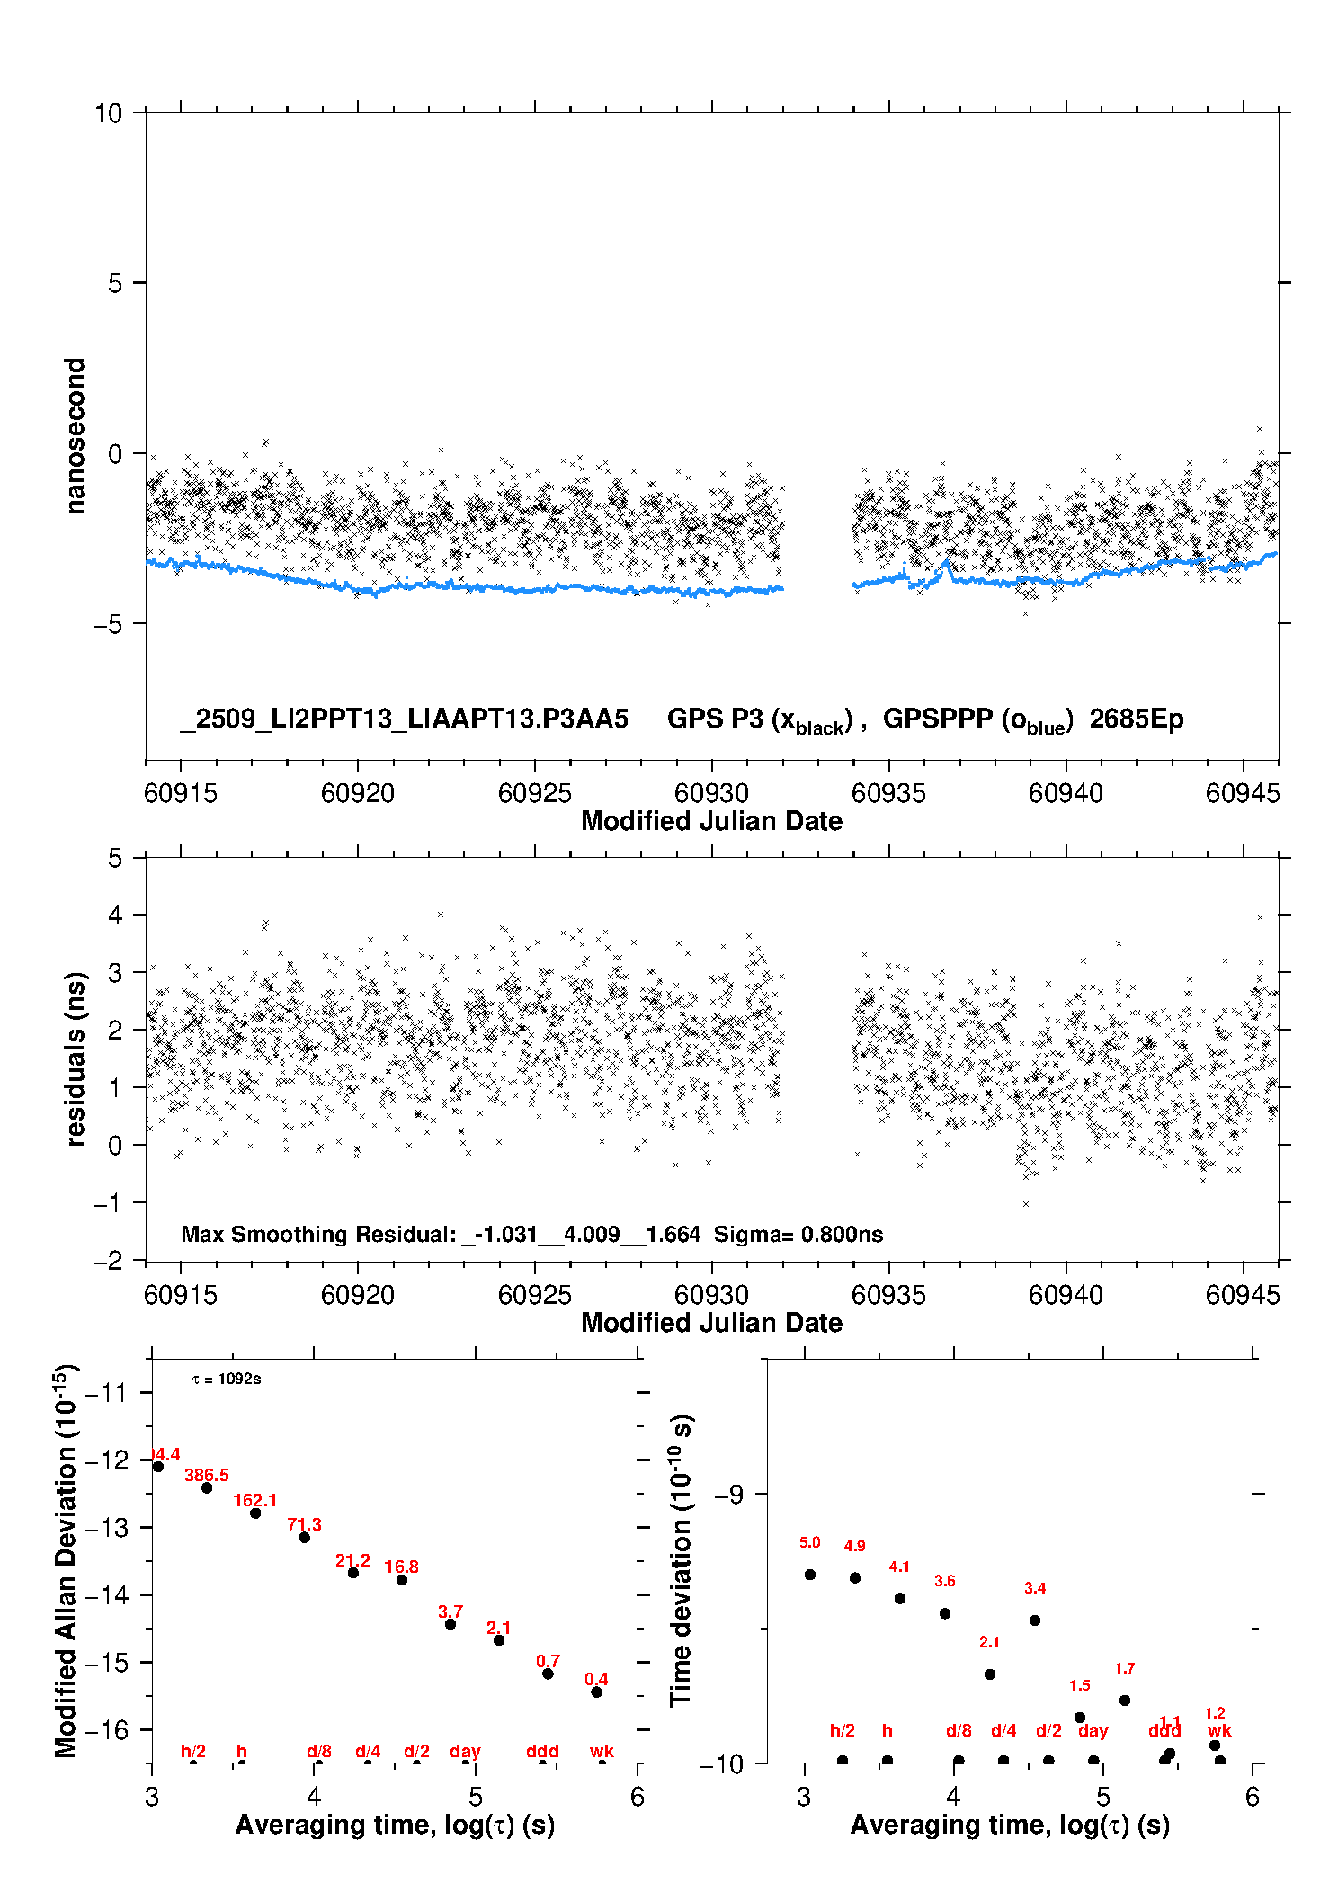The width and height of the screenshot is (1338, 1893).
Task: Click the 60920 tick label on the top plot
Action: tap(357, 793)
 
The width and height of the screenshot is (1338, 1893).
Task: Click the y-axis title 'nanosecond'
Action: tap(76, 435)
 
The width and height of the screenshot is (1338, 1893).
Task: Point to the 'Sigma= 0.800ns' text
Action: tap(798, 1234)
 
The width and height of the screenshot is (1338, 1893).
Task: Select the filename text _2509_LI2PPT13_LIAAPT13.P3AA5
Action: tap(404, 719)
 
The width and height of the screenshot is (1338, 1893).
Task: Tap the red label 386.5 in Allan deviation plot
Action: tap(207, 1475)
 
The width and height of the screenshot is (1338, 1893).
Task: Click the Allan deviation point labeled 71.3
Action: tap(305, 1537)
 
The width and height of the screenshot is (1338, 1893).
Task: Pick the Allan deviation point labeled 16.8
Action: tap(402, 1580)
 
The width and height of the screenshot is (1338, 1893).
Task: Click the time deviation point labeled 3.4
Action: tap(1035, 1621)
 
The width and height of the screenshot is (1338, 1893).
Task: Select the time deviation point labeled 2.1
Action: tap(990, 1674)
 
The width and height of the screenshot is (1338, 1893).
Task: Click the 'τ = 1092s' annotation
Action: tap(227, 1380)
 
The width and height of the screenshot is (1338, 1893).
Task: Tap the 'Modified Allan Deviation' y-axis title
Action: tap(67, 1560)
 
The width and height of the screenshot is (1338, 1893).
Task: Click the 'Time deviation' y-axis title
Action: tap(682, 1560)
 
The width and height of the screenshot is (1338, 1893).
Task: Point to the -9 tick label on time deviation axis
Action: tap(728, 1494)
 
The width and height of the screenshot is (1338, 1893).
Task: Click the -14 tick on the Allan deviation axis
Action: tap(106, 1594)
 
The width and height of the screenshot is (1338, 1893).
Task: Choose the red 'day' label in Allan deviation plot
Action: tap(465, 1751)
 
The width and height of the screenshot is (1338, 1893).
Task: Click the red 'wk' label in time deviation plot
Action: tap(1219, 1730)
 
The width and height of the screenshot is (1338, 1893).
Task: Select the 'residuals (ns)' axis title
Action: tap(76, 1058)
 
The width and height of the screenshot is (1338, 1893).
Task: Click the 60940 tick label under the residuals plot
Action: tap(1066, 1295)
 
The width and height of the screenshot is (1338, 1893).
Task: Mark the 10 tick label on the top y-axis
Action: tap(108, 113)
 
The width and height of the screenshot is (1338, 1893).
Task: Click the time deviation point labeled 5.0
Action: tap(810, 1575)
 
